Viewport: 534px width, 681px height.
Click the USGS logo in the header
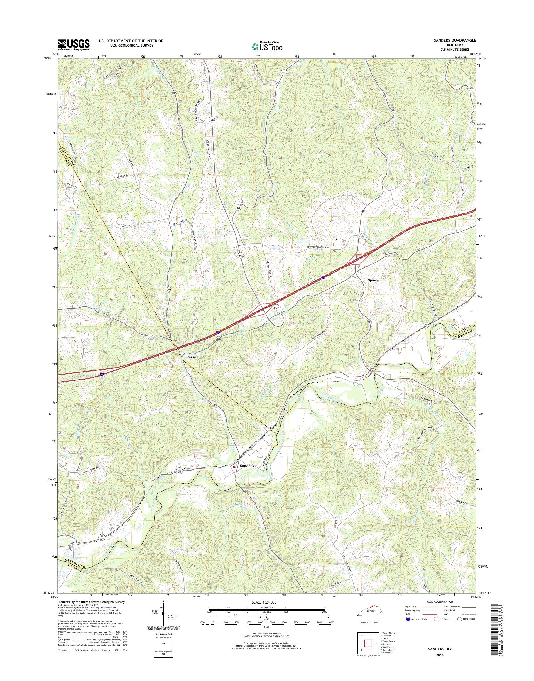[74, 45]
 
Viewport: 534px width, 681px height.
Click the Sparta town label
[373, 280]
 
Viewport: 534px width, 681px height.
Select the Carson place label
[192, 357]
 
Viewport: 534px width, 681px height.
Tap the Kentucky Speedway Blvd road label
[323, 247]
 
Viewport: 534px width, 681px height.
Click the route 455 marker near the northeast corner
[469, 89]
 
